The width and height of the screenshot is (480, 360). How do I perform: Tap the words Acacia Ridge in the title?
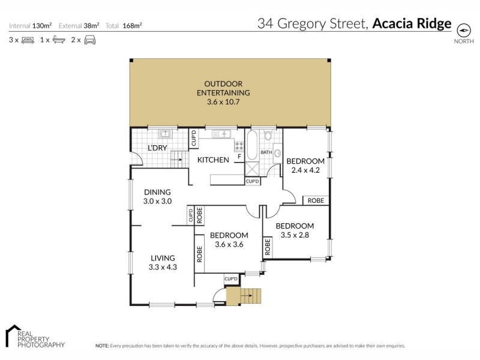point(412,24)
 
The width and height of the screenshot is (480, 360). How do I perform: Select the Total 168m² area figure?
point(124,26)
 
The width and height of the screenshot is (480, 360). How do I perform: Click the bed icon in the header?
point(28,40)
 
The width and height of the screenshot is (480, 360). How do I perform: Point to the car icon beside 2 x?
point(89,40)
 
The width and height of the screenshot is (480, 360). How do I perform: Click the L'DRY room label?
point(157,148)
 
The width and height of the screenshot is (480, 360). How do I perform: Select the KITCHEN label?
point(213,160)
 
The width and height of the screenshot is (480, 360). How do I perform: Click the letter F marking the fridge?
point(239,157)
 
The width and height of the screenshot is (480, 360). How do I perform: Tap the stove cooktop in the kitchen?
point(239,146)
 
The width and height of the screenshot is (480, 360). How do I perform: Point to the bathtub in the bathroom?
point(252,144)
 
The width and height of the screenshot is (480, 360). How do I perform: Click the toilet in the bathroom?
point(268,136)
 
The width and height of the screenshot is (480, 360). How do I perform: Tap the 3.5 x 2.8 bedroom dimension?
point(294,235)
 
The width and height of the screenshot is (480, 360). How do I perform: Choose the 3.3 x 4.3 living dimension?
point(163,267)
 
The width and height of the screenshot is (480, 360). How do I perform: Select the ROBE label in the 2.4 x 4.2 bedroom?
point(316,200)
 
